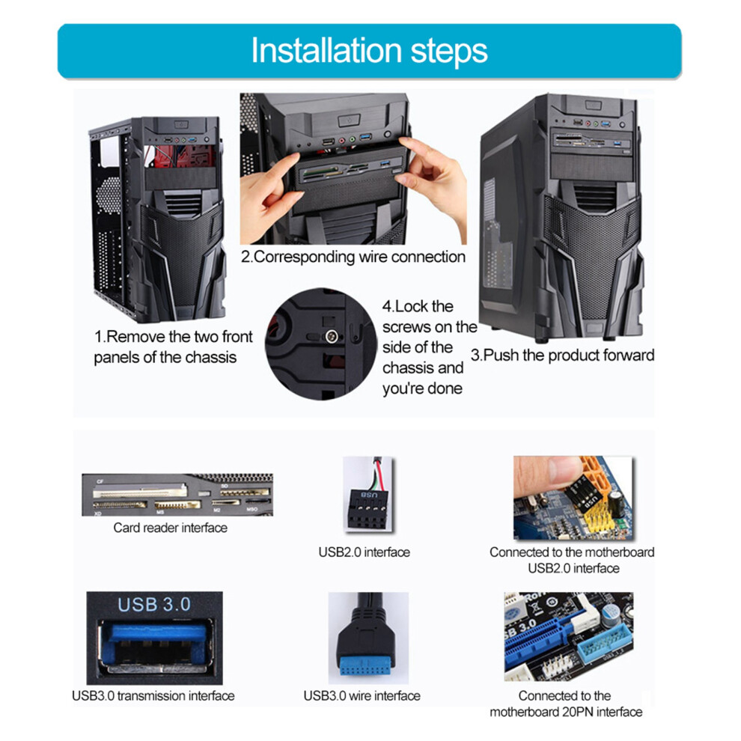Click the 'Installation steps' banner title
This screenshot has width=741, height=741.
click(369, 51)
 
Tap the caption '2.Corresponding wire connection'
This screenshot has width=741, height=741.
click(353, 257)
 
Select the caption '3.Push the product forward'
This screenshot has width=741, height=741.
click(562, 355)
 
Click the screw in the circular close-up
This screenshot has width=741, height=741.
click(332, 337)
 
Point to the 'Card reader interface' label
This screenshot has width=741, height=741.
click(170, 528)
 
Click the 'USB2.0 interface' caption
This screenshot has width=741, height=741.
click(364, 552)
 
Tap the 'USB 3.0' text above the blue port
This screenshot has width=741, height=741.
click(154, 605)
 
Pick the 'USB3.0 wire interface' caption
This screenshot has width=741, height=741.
click(362, 695)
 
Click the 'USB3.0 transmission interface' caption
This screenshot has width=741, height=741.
click(153, 695)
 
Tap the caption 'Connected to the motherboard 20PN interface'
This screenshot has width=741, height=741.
click(566, 704)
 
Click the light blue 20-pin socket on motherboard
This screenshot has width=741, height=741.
click(605, 641)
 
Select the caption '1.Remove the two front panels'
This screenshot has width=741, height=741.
click(173, 347)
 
